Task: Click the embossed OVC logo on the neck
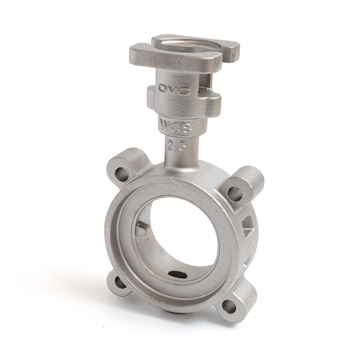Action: point(175,89)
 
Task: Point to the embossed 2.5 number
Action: point(176,146)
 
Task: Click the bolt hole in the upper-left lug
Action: point(121,175)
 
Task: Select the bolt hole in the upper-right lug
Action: point(234,194)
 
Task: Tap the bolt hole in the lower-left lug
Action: point(120,283)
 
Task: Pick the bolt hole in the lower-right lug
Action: point(229,307)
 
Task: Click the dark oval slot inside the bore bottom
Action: point(178,274)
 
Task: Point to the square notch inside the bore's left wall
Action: point(142,229)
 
